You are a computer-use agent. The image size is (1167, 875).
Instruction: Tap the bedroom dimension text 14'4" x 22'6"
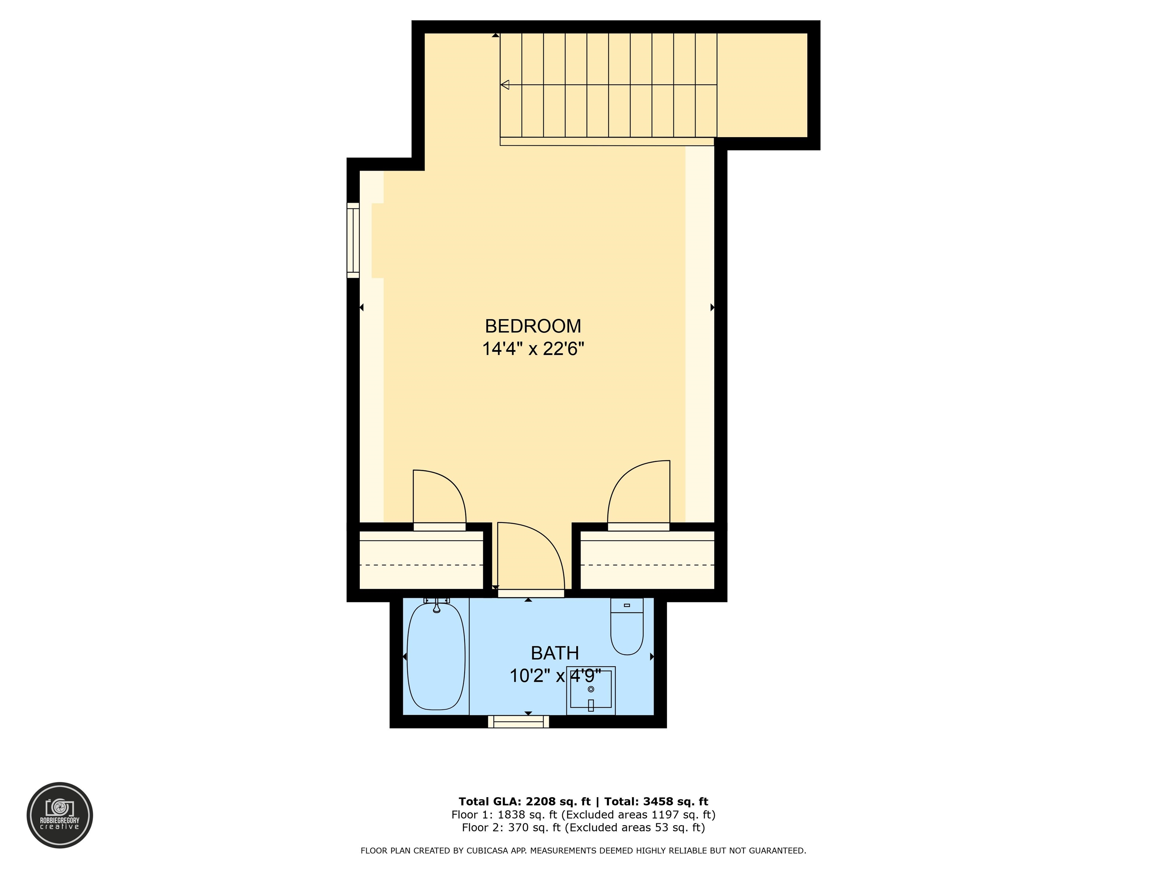(533, 349)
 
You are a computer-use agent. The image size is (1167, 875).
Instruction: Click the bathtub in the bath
(436, 656)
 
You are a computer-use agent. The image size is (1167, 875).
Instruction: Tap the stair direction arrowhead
(505, 84)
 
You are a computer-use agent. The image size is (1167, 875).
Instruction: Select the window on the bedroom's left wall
(353, 240)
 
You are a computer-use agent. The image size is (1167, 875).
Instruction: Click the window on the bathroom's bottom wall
(519, 722)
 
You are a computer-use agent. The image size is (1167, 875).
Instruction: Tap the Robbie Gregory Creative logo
(60, 815)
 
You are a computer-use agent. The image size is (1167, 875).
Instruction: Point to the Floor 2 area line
(583, 828)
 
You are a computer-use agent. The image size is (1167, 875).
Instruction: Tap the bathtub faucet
(436, 605)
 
